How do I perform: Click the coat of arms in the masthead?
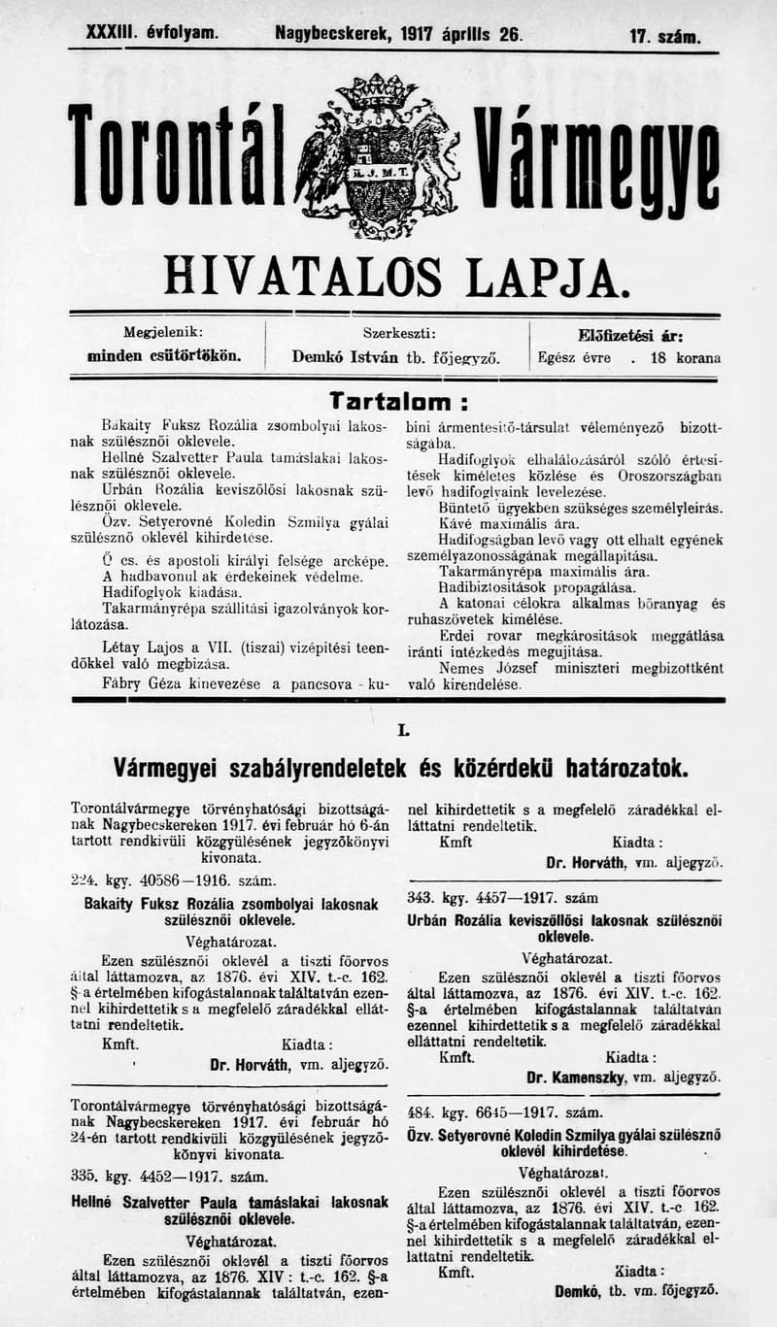pyautogui.click(x=376, y=158)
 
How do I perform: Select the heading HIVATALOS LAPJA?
pyautogui.click(x=391, y=278)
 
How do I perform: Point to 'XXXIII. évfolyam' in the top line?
pyautogui.click(x=152, y=33)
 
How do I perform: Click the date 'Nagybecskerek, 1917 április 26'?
pyautogui.click(x=398, y=34)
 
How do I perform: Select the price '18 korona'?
pyautogui.click(x=686, y=357)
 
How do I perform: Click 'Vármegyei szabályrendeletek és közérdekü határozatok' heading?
pyautogui.click(x=400, y=769)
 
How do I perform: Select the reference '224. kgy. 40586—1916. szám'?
pyautogui.click(x=173, y=880)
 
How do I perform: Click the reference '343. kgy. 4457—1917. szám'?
pyautogui.click(x=502, y=898)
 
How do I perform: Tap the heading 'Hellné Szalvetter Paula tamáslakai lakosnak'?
pyautogui.click(x=230, y=1202)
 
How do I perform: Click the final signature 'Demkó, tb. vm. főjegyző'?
pyautogui.click(x=636, y=1290)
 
